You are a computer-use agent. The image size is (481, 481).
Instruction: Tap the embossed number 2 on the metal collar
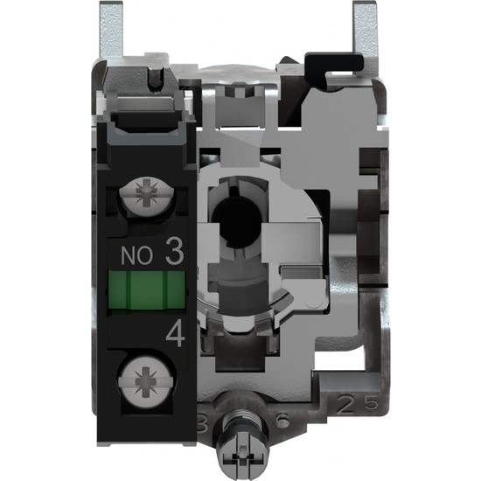pos(341,405)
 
